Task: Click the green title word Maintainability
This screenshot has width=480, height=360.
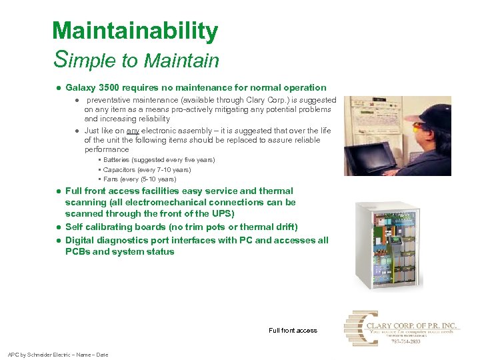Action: (135, 31)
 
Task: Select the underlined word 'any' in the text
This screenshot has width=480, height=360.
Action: (133, 131)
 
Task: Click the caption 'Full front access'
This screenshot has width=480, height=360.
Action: (293, 330)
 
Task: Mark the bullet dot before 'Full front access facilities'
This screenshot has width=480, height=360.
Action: (59, 191)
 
